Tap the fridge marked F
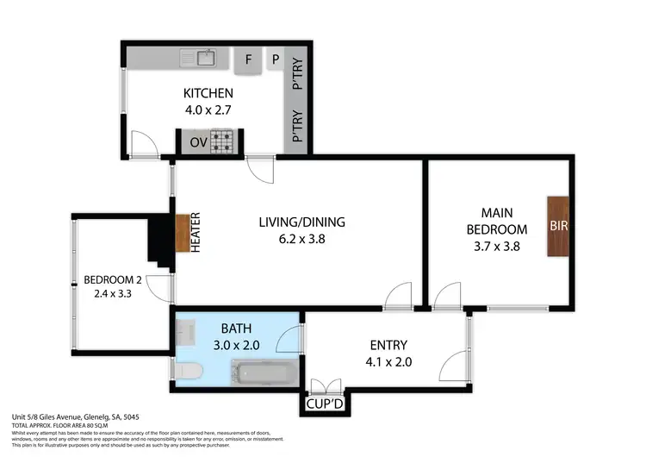(x=249, y=59)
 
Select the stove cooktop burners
(x=225, y=141)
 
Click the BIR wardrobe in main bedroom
(x=557, y=226)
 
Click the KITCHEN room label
(x=208, y=93)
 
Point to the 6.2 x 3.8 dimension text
(x=295, y=241)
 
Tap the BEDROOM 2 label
(x=112, y=279)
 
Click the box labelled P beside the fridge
(x=276, y=59)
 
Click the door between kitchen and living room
(x=260, y=167)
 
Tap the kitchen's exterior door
(x=142, y=145)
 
